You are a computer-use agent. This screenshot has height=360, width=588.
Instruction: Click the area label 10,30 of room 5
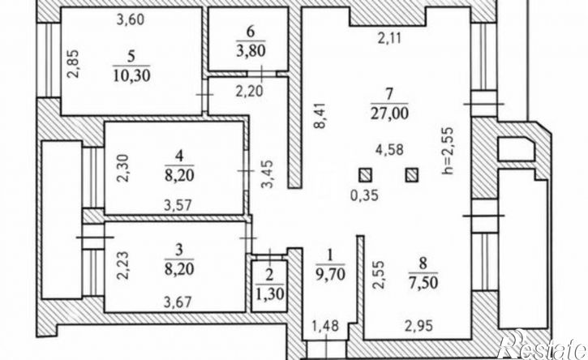tap(131, 75)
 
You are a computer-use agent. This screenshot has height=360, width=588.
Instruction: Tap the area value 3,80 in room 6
tap(251, 50)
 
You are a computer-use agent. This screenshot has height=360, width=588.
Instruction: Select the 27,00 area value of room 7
tap(389, 113)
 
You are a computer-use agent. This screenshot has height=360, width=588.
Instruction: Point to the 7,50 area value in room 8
tap(423, 281)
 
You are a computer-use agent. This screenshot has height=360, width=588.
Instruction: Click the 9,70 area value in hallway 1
tap(330, 275)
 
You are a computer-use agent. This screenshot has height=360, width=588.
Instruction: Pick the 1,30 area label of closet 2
tap(269, 291)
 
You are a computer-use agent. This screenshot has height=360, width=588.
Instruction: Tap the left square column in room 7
tap(365, 175)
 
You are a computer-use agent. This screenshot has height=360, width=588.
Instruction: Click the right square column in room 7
tap(412, 175)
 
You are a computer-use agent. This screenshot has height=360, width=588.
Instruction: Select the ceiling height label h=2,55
tap(448, 151)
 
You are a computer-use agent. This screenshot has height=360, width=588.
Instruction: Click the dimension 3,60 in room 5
tap(130, 19)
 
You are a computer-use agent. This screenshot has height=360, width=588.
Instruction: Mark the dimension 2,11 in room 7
tap(389, 38)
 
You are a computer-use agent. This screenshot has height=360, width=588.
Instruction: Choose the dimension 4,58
tap(390, 149)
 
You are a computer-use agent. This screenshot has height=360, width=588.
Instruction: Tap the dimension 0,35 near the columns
tap(364, 195)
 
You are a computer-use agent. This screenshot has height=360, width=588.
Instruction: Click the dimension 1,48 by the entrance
tap(326, 325)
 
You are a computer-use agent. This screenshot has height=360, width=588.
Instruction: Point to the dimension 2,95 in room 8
tap(418, 325)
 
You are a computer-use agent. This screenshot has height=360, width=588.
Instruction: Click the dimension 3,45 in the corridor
tap(268, 174)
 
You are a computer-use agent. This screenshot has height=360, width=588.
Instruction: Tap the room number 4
tap(179, 156)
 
